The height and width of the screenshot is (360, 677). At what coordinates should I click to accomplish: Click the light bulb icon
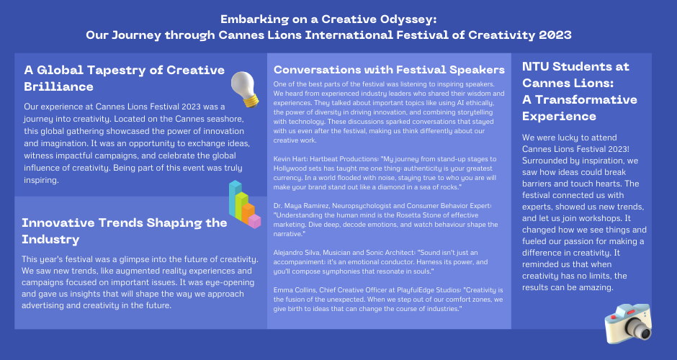coord(244,89)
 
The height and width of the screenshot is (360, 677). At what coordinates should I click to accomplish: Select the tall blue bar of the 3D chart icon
coord(235,199)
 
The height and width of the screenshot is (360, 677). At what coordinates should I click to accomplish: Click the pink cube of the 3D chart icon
coord(254,221)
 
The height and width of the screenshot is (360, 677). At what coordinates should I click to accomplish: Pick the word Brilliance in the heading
coord(59,86)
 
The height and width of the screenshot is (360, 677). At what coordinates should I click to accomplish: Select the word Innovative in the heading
coord(58,222)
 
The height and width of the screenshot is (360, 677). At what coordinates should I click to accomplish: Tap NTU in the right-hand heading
coord(535,66)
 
